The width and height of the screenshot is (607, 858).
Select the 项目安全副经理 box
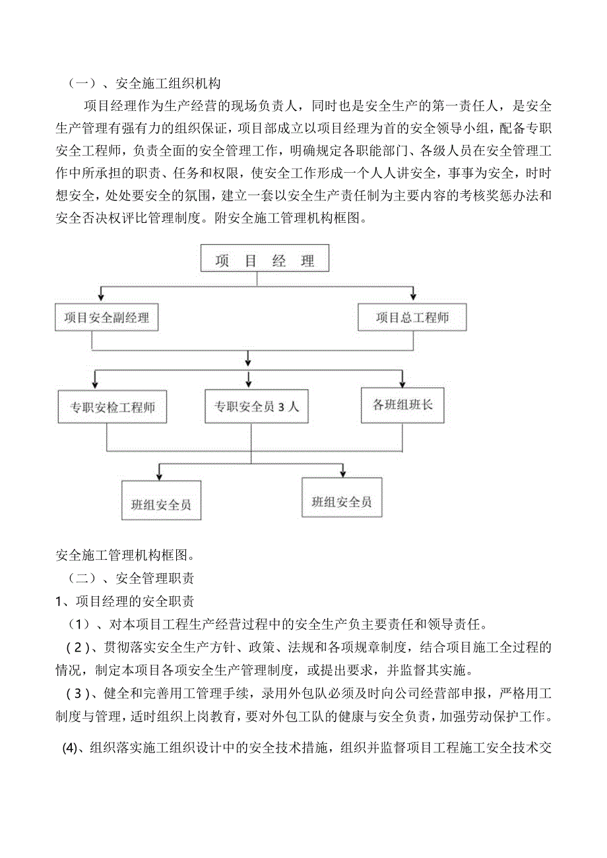(x=106, y=317)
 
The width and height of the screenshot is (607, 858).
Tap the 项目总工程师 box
(x=412, y=317)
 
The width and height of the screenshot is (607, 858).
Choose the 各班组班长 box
(x=402, y=404)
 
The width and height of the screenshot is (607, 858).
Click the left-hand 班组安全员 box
(x=161, y=505)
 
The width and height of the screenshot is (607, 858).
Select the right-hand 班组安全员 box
(x=341, y=502)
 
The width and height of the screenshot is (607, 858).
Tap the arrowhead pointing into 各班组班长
(x=402, y=383)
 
